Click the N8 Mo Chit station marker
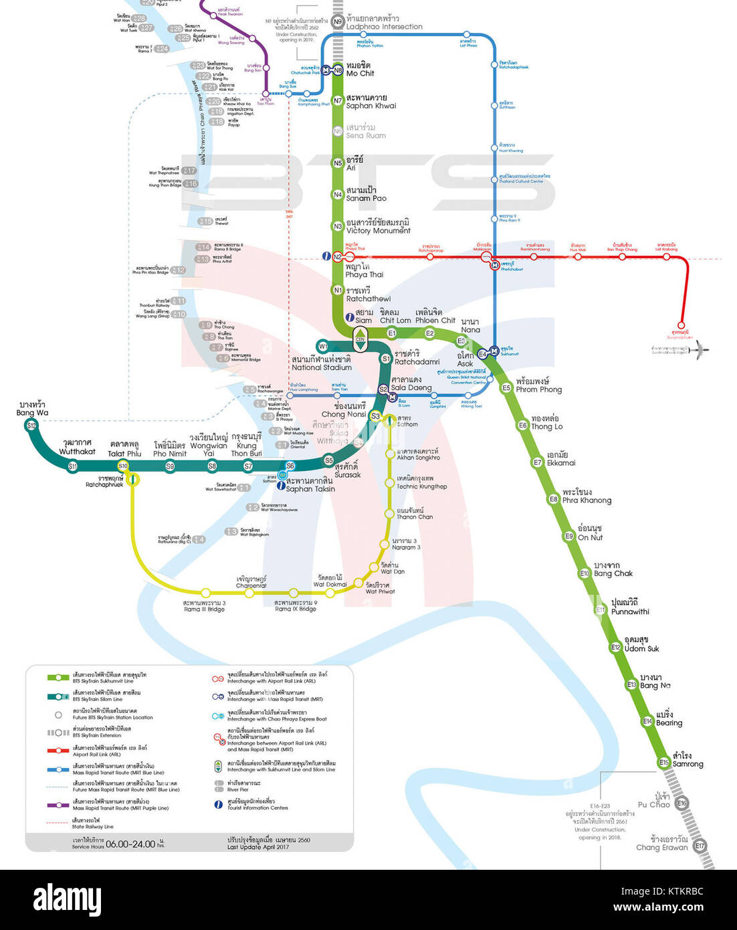(338, 70)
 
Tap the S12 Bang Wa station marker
(31, 425)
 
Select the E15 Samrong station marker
(663, 762)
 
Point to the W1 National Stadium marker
(323, 347)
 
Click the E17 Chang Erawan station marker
(700, 846)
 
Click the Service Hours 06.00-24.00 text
(118, 844)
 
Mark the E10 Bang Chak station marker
(585, 573)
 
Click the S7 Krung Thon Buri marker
(248, 466)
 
